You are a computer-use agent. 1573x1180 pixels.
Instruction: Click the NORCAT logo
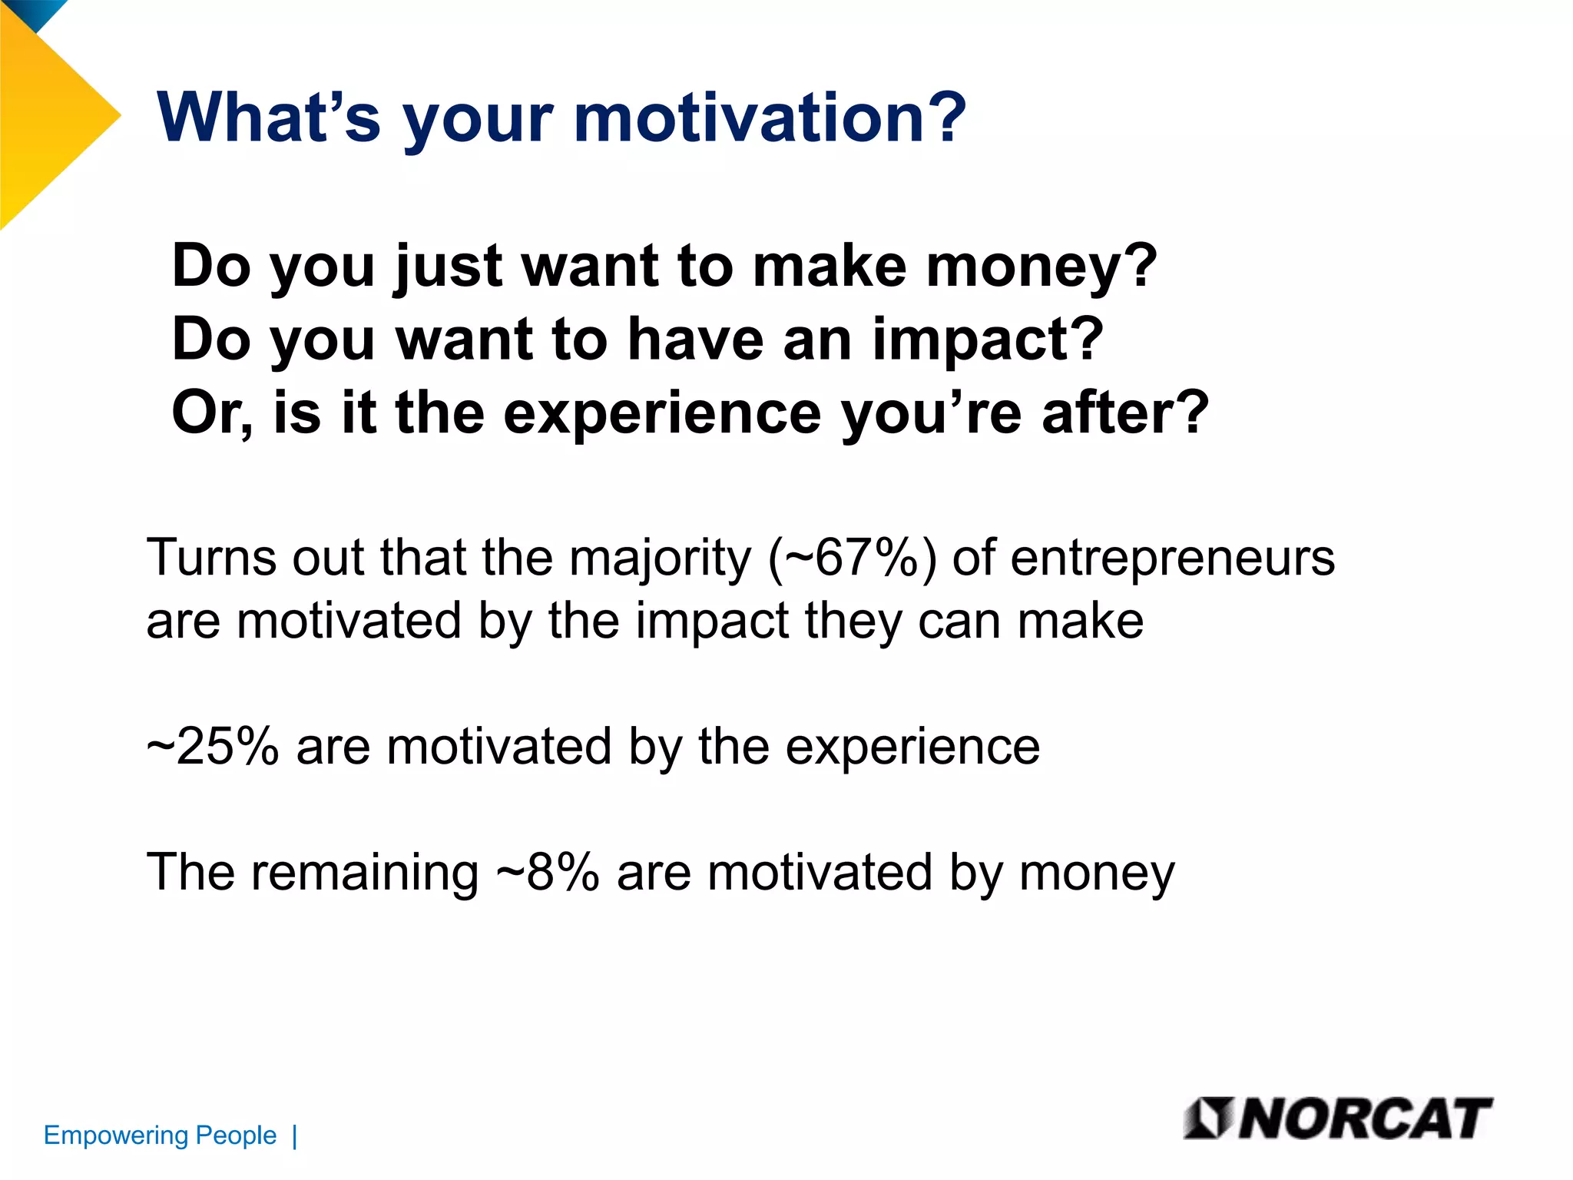1337,1119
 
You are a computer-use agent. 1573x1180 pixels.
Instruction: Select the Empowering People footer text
160,1135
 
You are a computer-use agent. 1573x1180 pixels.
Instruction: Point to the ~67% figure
853,558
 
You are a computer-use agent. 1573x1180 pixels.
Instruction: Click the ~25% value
213,747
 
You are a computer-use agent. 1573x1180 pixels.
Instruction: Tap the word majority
660,559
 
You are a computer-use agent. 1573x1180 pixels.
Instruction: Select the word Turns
210,558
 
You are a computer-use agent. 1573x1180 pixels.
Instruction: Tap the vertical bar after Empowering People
295,1135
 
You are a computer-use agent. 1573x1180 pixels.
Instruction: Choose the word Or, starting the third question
211,413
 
